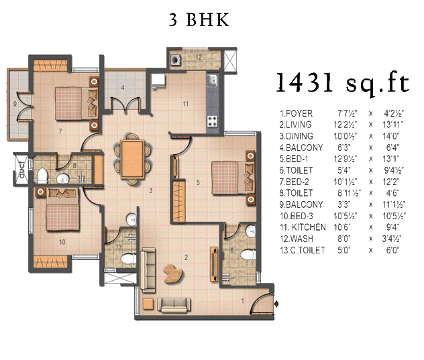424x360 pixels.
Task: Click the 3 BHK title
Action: [199, 19]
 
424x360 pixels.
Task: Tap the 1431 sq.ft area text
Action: [342, 82]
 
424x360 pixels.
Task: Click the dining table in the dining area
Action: [133, 159]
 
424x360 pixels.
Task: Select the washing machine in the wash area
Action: [176, 60]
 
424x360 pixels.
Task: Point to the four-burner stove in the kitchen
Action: [213, 121]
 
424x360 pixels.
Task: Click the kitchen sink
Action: [212, 80]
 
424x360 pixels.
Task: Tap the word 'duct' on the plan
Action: [21, 170]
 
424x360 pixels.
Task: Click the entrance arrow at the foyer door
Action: [276, 304]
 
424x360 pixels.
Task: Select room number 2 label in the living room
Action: [186, 257]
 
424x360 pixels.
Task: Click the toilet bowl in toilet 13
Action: [128, 259]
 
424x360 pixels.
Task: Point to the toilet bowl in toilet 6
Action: [248, 255]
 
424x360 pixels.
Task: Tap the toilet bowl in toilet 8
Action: [42, 175]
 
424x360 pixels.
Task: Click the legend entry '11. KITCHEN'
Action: [303, 227]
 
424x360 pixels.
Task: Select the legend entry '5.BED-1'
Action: [293, 159]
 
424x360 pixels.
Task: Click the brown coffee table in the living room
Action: [173, 274]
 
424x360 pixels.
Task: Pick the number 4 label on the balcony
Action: [123, 88]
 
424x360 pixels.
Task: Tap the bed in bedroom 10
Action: [63, 209]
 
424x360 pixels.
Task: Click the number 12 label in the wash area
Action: [199, 57]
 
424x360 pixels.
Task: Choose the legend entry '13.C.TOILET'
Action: [302, 250]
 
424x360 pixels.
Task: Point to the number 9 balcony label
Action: [15, 103]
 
